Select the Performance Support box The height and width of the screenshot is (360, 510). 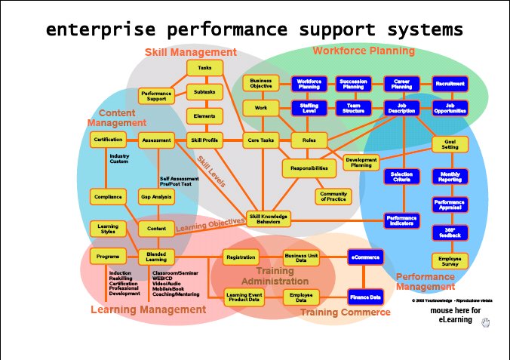tap(156, 96)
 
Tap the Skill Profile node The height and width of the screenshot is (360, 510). tap(204, 140)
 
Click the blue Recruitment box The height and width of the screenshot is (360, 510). tap(450, 83)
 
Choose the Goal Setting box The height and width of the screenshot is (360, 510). tap(450, 144)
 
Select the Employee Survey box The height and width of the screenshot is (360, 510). tap(450, 260)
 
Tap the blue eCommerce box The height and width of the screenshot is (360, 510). tap(366, 257)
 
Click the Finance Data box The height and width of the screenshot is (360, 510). tap(366, 297)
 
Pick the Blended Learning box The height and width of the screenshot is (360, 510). tap(156, 257)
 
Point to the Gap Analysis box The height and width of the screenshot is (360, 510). tap(156, 196)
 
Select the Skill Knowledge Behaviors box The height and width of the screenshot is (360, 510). tap(269, 219)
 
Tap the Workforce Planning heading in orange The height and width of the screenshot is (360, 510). tap(364, 51)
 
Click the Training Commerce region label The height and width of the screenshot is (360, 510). tap(346, 312)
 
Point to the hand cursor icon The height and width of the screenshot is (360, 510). tap(486, 323)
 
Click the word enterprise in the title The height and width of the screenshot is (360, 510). tap(93, 30)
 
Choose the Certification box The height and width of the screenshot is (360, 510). tap(107, 140)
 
